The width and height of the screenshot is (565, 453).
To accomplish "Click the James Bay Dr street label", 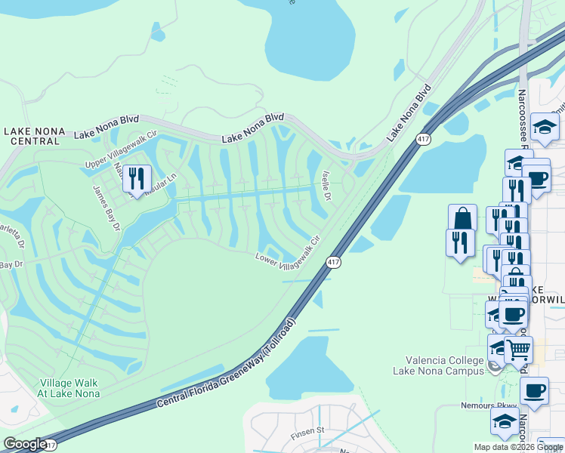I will point(107,208).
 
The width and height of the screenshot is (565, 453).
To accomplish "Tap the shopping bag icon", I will point(462,219).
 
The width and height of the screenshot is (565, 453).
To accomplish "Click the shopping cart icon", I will point(518,349).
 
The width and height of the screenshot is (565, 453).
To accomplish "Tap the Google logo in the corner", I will point(24,444).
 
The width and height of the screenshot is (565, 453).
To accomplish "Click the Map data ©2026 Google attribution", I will point(518,447).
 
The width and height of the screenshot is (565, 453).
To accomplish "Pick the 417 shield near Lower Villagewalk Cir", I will point(332,262).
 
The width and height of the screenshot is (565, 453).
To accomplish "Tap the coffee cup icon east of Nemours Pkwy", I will point(535,391).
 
